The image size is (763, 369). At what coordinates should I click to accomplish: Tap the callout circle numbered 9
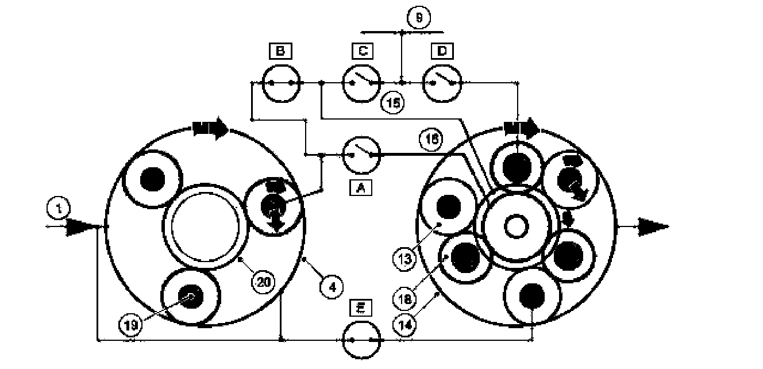coord(419,18)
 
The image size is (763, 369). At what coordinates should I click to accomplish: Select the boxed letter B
coord(280,52)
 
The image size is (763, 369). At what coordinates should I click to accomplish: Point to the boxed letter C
coord(362,52)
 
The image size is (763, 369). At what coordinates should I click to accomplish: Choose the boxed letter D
coord(442,52)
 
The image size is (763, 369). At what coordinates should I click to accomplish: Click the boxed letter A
coord(361,187)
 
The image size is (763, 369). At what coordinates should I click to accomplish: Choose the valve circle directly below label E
coord(362,340)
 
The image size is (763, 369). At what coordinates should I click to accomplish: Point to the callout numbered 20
coord(263,282)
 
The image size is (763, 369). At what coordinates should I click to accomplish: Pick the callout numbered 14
coord(404,325)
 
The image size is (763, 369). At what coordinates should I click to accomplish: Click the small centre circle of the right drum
coord(514,226)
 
